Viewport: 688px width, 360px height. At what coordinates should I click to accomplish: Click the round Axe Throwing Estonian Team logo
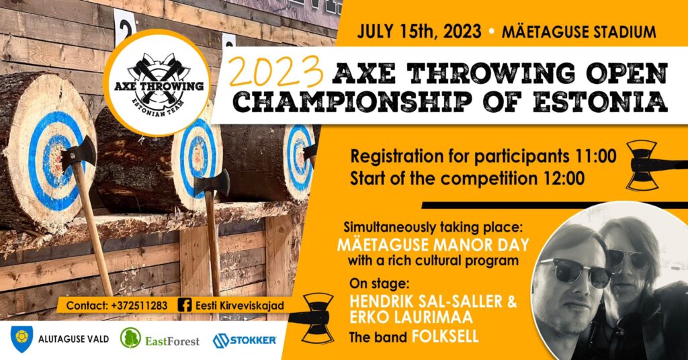pyautogui.click(x=157, y=83)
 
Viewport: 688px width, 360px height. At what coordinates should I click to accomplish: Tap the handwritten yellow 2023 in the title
pyautogui.click(x=276, y=72)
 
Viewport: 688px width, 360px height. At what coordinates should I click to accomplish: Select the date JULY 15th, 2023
pyautogui.click(x=419, y=32)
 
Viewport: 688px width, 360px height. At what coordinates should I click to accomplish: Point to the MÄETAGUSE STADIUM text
pyautogui.click(x=578, y=32)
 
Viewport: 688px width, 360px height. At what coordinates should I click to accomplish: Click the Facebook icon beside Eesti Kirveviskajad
pyautogui.click(x=185, y=305)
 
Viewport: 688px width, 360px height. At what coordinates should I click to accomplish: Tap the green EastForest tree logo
pyautogui.click(x=130, y=339)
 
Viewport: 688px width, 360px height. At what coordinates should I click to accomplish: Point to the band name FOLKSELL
pyautogui.click(x=445, y=336)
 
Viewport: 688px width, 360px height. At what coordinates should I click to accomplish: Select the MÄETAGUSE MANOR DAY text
pyautogui.click(x=433, y=244)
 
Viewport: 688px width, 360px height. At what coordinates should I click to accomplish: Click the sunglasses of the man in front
pyautogui.click(x=574, y=271)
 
